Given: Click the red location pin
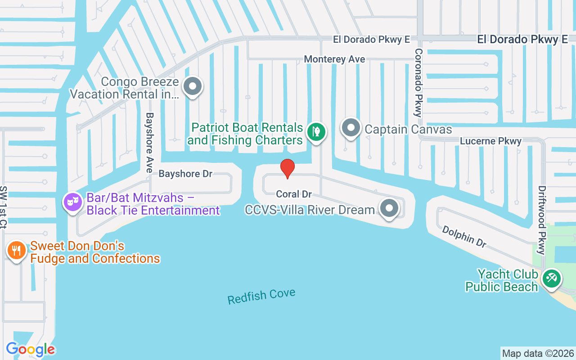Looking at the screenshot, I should coord(288,168).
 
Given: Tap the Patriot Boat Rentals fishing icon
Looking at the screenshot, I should coord(316,132).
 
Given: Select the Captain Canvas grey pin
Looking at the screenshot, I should coord(351,128).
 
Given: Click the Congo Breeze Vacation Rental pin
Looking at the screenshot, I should coord(193,86).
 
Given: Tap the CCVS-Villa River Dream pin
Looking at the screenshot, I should coord(389,208).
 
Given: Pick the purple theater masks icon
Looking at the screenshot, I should coord(72,202).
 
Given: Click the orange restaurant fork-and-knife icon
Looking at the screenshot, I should coord(17,250).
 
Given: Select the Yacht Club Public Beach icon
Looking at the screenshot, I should coord(551,278).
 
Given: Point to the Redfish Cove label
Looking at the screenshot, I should coord(261,296).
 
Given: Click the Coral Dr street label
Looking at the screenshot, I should coord(294,194).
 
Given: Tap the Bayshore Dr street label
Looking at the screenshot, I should coord(185,174).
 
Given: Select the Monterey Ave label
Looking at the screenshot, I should coord(334,59).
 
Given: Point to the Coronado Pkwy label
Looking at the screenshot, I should coord(418,83).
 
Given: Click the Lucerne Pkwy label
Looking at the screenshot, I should coord(490,141).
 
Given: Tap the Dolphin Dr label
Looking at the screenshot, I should coord(464,237).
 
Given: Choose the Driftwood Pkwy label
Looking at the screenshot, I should coord(542,220).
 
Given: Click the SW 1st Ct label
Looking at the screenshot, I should coord(4,207).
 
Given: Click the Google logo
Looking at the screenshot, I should coord(31,349).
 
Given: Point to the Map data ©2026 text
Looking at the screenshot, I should coord(538,353).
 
